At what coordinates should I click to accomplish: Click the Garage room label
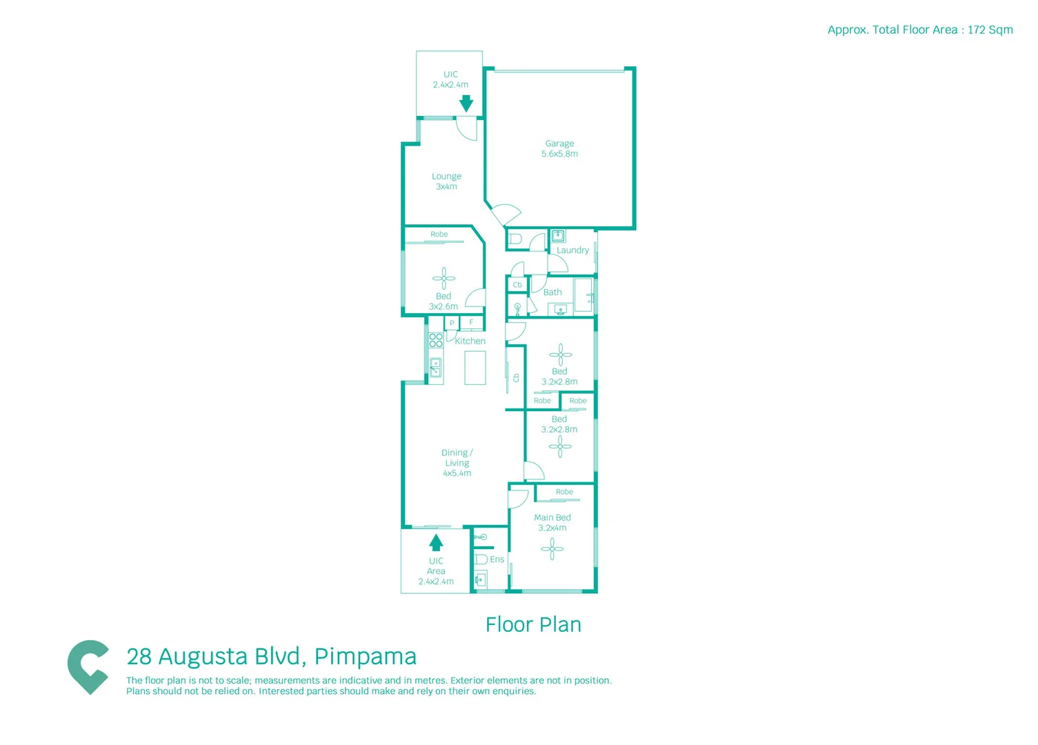tap(559, 148)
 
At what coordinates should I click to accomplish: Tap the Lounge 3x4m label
tap(446, 181)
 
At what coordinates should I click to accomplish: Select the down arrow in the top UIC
tap(466, 103)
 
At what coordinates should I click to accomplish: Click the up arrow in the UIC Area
tap(436, 542)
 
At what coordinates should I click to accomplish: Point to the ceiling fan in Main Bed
tap(552, 549)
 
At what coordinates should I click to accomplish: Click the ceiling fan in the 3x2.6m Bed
tap(443, 279)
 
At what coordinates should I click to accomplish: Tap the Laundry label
tap(572, 250)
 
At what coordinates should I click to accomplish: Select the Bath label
tap(552, 292)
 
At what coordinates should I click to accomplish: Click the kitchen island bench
tap(475, 368)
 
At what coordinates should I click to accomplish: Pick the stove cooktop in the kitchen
tap(436, 340)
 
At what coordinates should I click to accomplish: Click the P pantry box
tap(452, 323)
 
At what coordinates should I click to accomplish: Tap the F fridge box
tap(472, 322)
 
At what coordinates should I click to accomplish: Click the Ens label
tap(497, 559)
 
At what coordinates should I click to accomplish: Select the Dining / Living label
tap(457, 463)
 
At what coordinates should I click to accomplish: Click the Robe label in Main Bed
tap(564, 492)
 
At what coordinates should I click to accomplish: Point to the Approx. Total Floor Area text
tap(919, 30)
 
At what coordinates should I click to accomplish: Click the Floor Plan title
tap(533, 625)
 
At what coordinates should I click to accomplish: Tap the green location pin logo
tap(88, 666)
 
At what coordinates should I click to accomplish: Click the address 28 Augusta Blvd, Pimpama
tap(272, 657)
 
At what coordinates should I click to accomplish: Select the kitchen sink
tap(435, 368)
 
